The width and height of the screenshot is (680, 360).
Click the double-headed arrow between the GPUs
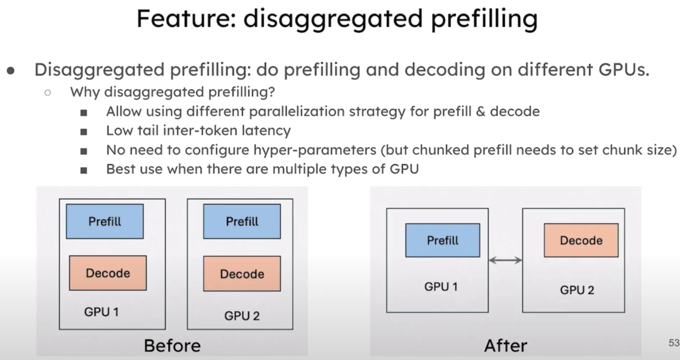click(x=506, y=259)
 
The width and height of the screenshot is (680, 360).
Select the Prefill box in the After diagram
click(x=443, y=240)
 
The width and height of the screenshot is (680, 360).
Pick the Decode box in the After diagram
click(x=581, y=240)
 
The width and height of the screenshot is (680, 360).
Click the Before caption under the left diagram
click(x=172, y=346)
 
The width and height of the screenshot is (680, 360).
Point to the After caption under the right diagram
click(x=506, y=346)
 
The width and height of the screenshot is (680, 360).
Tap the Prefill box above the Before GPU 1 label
click(x=105, y=221)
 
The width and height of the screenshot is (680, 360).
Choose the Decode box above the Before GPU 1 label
click(x=108, y=273)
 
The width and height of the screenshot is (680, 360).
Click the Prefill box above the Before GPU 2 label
click(x=242, y=221)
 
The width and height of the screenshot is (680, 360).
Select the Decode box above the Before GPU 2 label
click(x=242, y=274)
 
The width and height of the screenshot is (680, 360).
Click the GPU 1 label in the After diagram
click(x=441, y=287)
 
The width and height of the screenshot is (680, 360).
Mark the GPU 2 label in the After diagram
click(x=577, y=290)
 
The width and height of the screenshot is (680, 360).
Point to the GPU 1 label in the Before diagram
click(x=101, y=312)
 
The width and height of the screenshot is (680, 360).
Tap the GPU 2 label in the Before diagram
click(x=242, y=315)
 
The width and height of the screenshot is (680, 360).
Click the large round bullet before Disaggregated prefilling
click(x=11, y=70)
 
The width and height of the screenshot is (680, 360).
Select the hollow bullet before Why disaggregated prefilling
click(x=47, y=93)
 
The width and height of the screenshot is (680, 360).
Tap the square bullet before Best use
click(x=84, y=170)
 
